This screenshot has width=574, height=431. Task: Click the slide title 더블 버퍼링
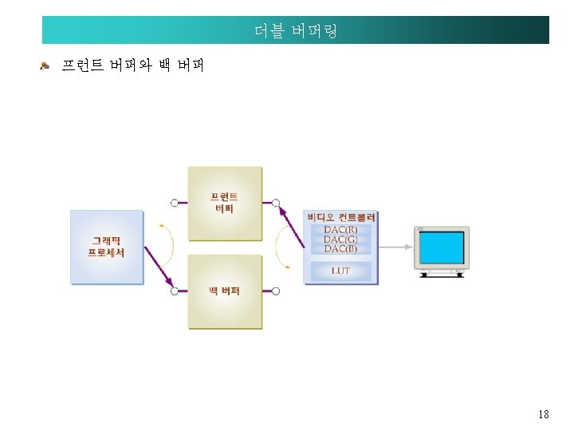tap(296, 31)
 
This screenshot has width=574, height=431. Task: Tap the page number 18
tap(544, 414)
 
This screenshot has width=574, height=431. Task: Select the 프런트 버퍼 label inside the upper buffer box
tap(224, 203)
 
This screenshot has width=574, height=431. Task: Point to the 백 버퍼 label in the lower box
tap(224, 291)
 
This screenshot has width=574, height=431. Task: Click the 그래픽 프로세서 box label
tap(106, 246)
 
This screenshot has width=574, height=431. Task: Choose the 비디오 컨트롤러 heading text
tap(341, 217)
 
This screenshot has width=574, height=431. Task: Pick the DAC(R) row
tap(340, 230)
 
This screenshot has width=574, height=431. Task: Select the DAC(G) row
tap(340, 239)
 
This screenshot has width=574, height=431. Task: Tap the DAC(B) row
tap(340, 249)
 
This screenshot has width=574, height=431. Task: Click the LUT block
tap(340, 271)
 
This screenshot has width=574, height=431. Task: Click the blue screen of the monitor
tap(441, 248)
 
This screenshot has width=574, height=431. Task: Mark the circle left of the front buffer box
tap(174, 203)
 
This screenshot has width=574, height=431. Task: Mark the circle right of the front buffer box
tap(275, 203)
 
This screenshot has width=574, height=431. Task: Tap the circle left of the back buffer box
tap(174, 291)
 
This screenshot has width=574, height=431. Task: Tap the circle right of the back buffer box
tap(275, 291)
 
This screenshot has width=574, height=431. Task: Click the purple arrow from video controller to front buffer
tap(290, 224)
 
